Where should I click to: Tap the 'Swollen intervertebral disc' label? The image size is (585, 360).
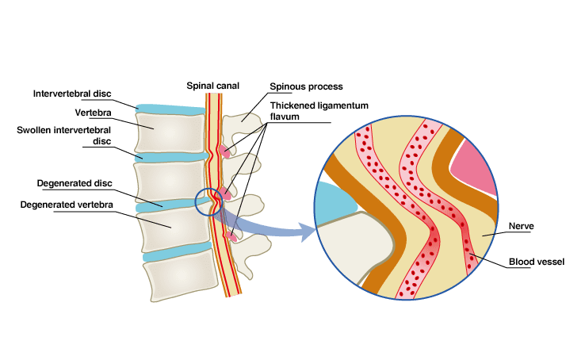point(75,135)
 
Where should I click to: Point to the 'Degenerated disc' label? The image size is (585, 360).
point(75,183)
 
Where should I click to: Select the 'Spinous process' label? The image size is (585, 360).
point(306,86)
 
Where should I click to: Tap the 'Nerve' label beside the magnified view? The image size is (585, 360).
point(522,226)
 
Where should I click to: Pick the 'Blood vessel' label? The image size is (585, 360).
point(536,262)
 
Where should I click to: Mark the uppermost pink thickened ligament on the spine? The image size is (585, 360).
point(227,150)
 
